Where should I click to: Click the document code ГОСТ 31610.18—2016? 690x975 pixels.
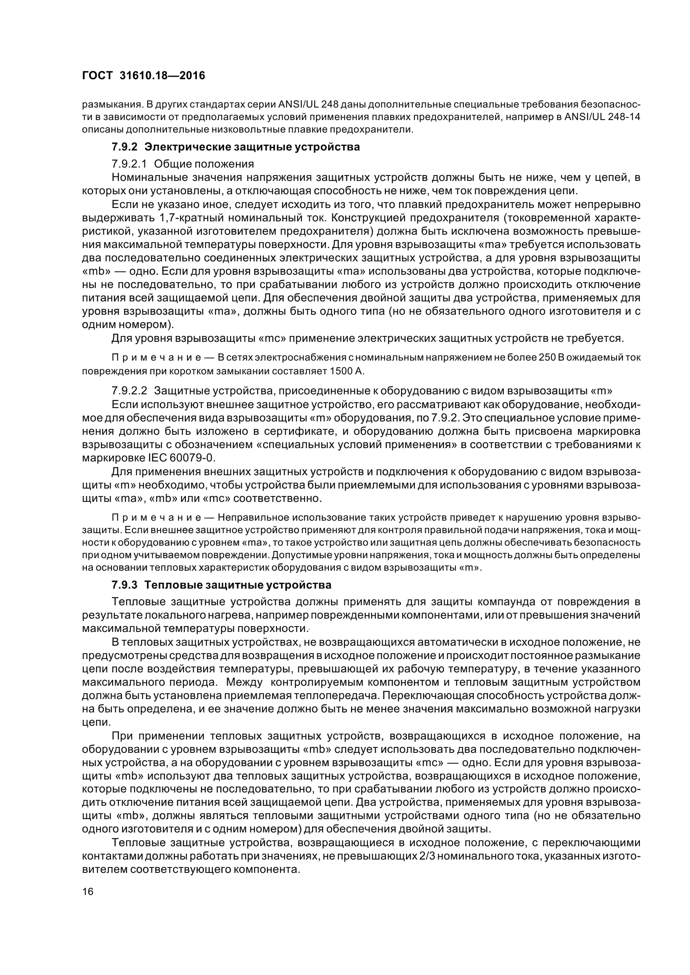pyautogui.click(x=143, y=75)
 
